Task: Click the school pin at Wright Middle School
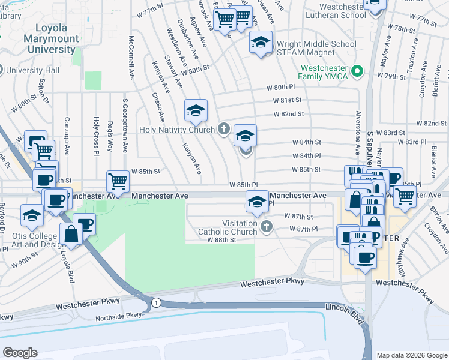click(261, 43)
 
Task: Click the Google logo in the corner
click(20, 353)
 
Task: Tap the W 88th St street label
click(223, 239)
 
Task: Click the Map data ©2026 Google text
click(412, 355)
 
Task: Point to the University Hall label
click(33, 70)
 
